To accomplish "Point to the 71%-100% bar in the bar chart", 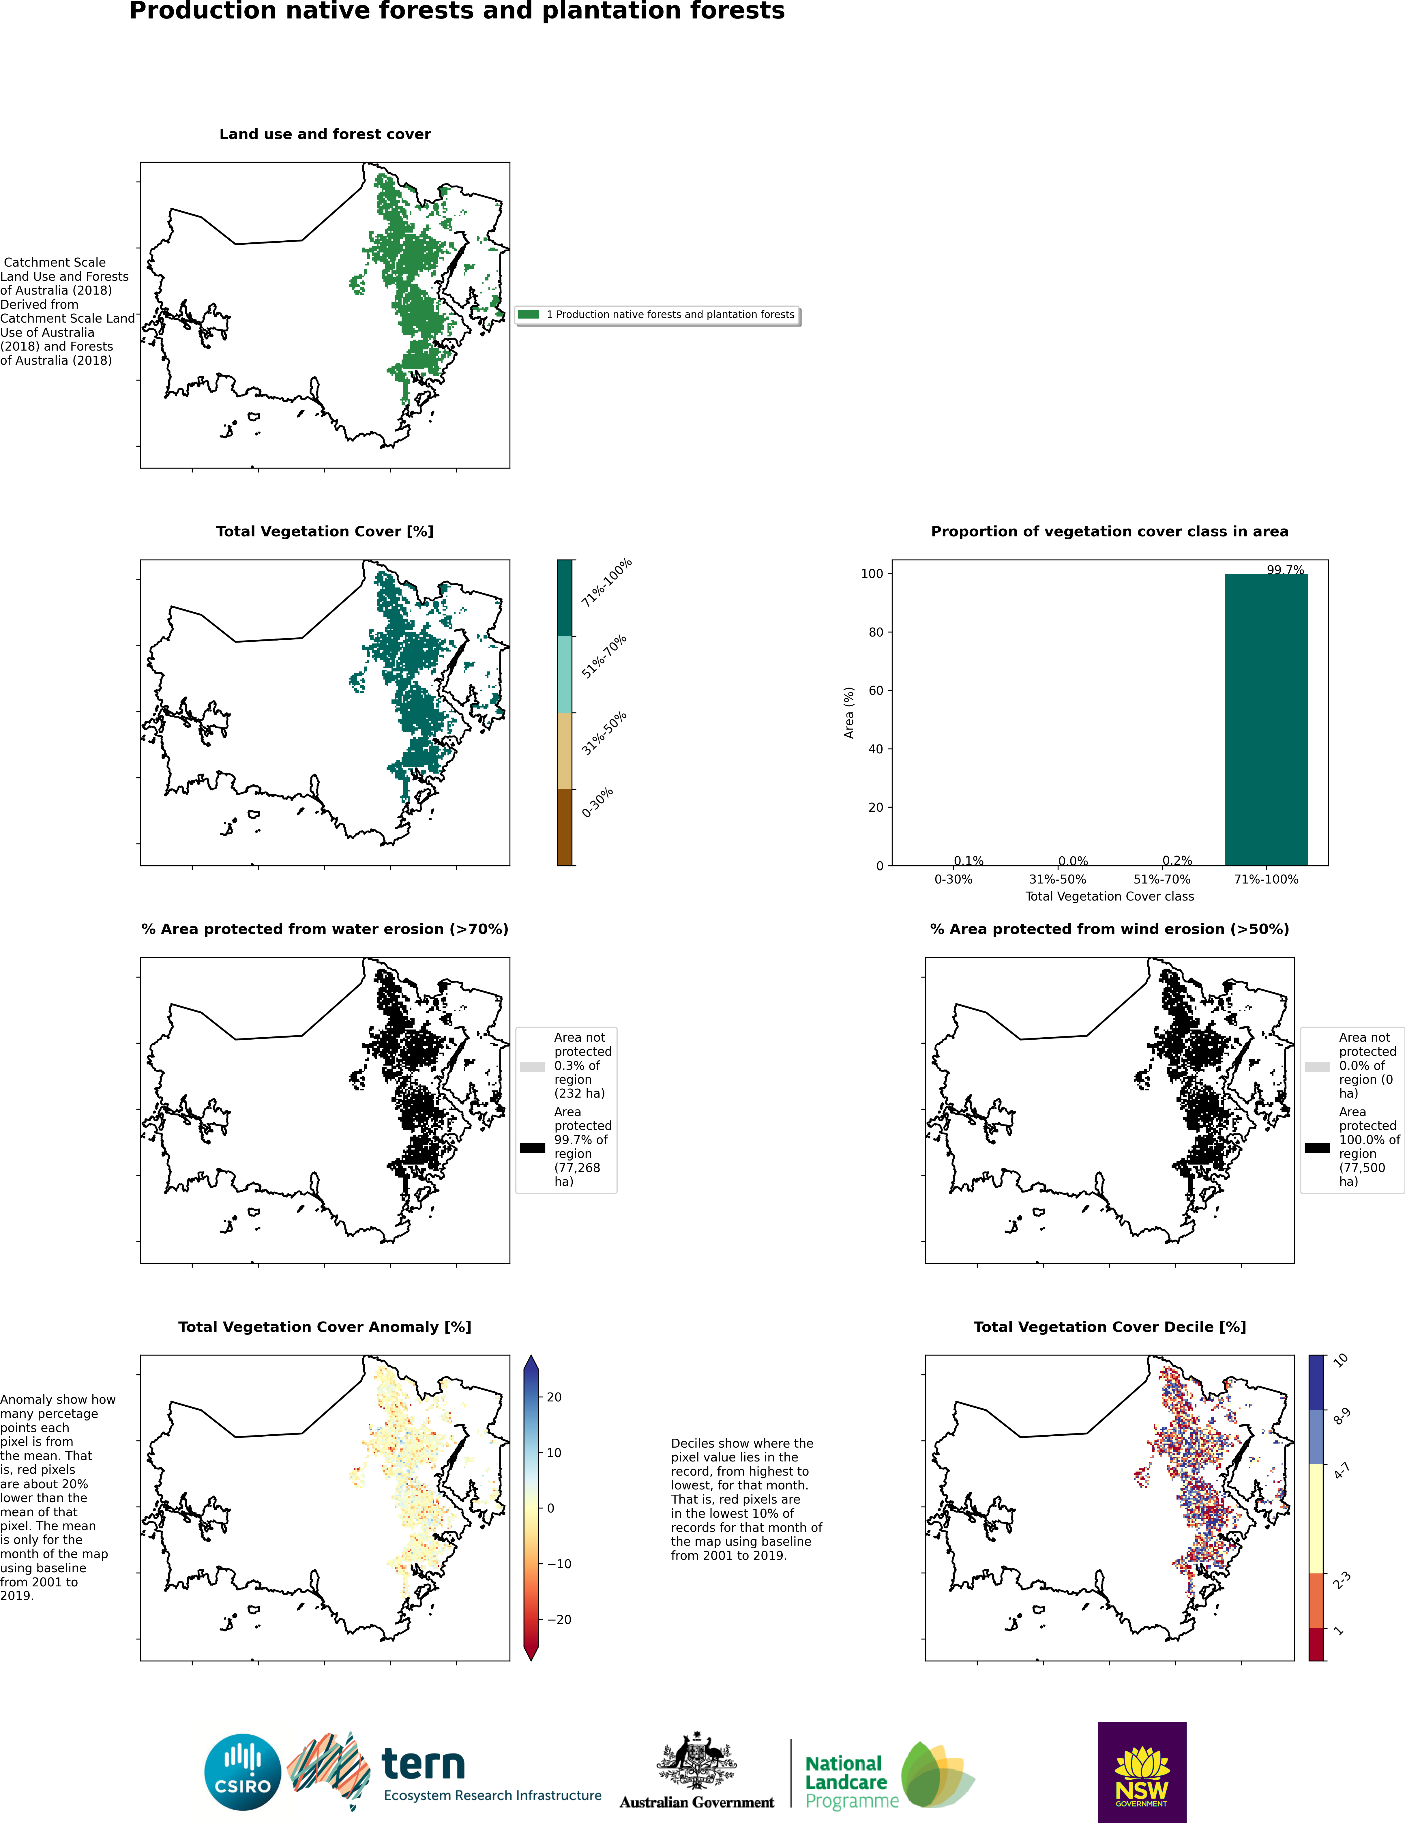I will pos(1266,720).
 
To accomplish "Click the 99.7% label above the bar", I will pos(1285,570).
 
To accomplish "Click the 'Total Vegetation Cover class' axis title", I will pos(1109,896).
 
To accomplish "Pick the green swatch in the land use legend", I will pos(529,315).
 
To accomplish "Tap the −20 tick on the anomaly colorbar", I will pos(559,1619).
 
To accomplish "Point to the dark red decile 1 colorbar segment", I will pos(1316,1644).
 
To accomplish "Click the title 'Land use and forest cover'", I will pos(325,134).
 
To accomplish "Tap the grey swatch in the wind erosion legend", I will pos(1316,1067).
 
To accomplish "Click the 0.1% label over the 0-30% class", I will pos(968,861).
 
